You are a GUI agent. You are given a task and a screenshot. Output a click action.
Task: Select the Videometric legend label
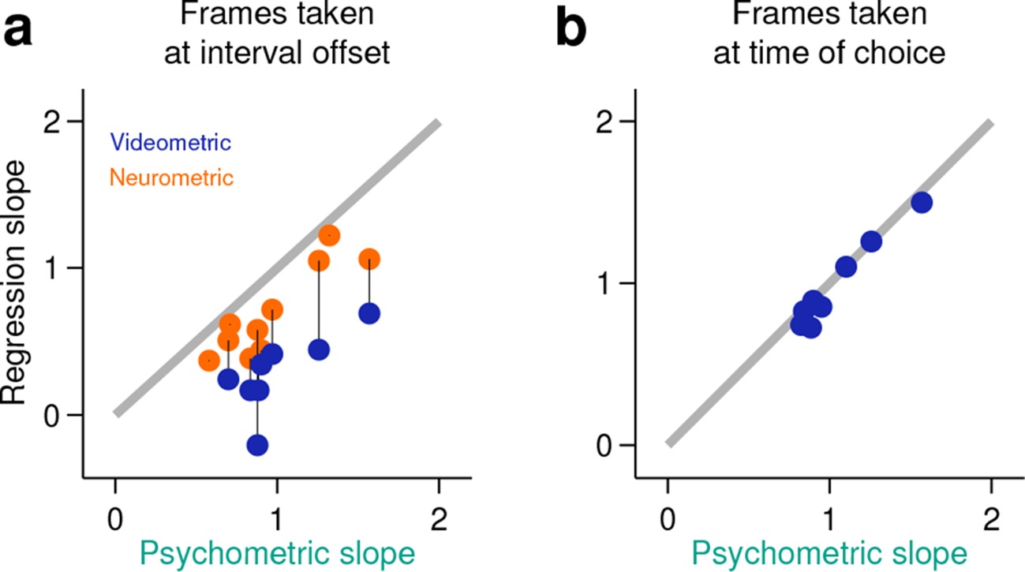(170, 143)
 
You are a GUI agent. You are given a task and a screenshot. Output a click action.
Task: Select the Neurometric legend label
(171, 178)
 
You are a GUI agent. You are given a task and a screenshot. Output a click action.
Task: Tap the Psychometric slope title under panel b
(829, 553)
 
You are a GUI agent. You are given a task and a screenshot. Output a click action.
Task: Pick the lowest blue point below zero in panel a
(257, 445)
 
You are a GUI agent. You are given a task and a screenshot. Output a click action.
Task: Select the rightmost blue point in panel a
(368, 313)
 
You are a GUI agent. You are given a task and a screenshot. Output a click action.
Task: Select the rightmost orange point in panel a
(368, 259)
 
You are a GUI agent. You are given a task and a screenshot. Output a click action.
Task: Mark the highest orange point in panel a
(329, 235)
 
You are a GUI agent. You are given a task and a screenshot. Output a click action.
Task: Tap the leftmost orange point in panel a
(209, 360)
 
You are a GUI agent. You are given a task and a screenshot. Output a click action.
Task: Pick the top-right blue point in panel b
(921, 203)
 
